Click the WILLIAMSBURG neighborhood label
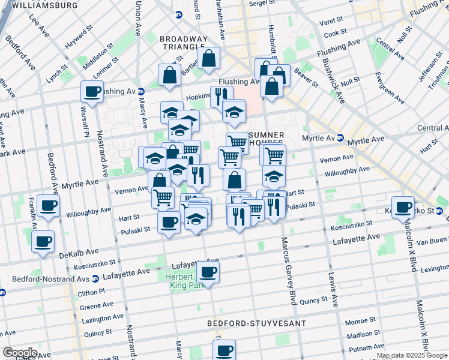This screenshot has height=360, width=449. (x=44, y=5)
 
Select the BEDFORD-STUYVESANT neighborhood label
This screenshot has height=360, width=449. (x=256, y=323)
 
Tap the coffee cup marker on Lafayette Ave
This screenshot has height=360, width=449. (x=208, y=273)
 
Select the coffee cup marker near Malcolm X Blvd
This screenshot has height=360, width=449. (x=403, y=207)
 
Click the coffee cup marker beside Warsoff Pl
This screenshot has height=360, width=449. (x=92, y=92)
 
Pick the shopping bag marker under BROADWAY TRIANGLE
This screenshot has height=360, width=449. (x=208, y=58)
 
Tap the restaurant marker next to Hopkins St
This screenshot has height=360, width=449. (x=221, y=95)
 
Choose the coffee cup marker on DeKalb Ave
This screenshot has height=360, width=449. (x=43, y=242)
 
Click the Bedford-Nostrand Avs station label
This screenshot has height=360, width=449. (x=50, y=279)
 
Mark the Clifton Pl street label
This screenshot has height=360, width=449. (x=92, y=293)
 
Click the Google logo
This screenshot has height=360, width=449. (x=20, y=353)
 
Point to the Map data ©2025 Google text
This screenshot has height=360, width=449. (x=411, y=355)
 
